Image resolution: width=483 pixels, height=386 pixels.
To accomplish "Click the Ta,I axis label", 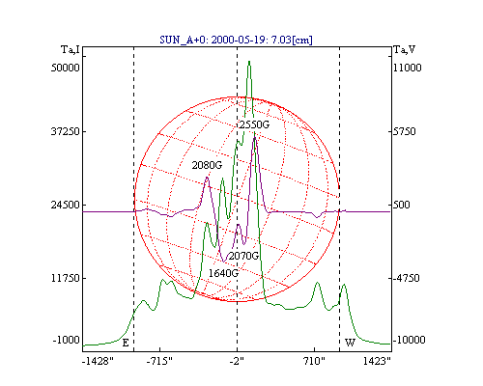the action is coord(71,50).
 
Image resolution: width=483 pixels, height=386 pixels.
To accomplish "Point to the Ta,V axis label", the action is coord(405,50).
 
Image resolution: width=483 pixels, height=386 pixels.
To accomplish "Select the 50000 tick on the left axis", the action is coord(66,68).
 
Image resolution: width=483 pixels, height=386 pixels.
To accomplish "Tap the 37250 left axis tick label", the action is coord(66,131).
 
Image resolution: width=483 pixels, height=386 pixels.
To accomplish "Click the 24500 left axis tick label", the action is coord(66,205).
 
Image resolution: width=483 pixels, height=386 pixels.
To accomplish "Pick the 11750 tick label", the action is coord(66,278).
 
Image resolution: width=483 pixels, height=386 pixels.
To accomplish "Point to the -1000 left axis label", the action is coord(66,340).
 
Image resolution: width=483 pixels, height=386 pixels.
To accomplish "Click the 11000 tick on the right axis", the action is coord(408,68).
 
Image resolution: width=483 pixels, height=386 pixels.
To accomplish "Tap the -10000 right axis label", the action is coord(409,340).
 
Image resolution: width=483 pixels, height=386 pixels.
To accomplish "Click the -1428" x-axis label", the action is coord(98,361).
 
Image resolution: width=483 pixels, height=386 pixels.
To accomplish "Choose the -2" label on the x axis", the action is coord(237,361).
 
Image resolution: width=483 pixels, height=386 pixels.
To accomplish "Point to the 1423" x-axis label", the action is coord(377,361).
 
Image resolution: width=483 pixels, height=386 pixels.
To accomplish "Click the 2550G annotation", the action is coord(254,124).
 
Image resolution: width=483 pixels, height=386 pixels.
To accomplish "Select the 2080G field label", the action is coord(207,165).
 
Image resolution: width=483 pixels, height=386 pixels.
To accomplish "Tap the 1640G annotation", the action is coord(223,273).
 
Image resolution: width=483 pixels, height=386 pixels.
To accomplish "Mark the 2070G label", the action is coord(243,256).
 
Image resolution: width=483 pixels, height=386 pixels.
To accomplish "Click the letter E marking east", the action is coord(126,344).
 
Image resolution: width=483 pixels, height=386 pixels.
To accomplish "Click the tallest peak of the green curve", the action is coord(249,61).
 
